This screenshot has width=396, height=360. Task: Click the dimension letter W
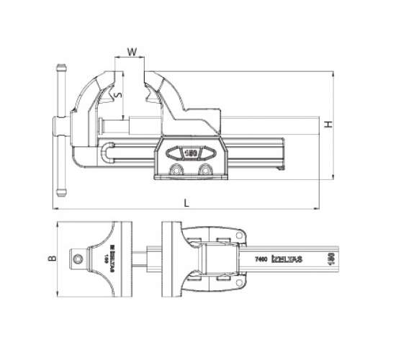(130, 51)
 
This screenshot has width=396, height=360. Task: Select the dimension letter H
(328, 125)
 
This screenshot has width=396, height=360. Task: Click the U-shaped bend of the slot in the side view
(108, 153)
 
